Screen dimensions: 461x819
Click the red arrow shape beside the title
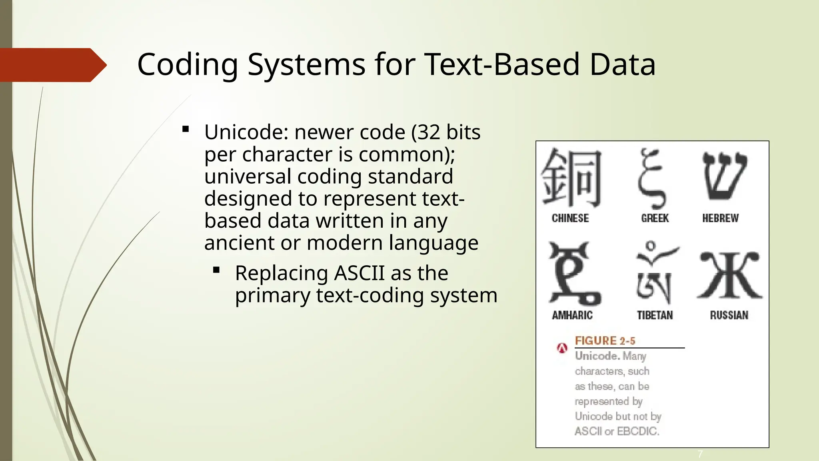(52, 65)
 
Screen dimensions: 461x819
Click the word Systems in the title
(306, 65)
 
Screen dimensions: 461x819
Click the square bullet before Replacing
(217, 271)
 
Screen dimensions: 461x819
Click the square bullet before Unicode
(186, 129)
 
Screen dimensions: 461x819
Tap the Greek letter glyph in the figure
(652, 178)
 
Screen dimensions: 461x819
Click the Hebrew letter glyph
(724, 176)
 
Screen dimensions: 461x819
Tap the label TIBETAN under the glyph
(655, 315)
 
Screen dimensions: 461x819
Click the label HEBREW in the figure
(720, 218)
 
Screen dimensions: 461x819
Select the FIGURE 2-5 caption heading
(605, 341)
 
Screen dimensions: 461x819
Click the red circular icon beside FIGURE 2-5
(562, 348)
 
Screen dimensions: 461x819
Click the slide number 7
(700, 454)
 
